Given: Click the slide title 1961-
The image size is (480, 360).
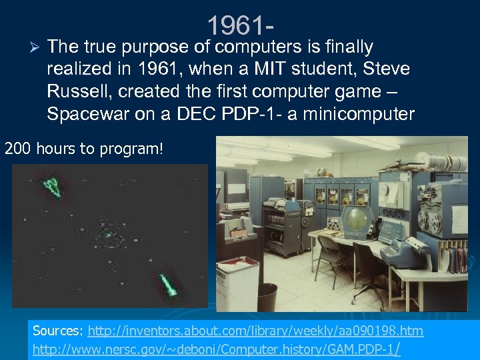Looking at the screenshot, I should [x=239, y=26].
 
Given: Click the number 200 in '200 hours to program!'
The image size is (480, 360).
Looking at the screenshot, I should [x=18, y=148].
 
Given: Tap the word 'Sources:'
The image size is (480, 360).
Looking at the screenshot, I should [x=58, y=331].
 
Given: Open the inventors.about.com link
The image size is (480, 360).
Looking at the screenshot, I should [x=255, y=331].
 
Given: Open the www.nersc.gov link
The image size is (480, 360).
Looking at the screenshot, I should [x=217, y=348].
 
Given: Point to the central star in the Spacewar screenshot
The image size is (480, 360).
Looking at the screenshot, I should [x=107, y=235].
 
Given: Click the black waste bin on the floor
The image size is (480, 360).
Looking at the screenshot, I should [x=267, y=296].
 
